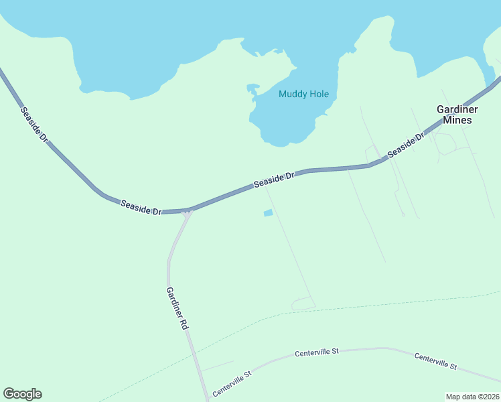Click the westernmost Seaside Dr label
point(34,124)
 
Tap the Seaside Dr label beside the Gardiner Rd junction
point(141,208)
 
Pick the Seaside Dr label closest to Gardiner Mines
point(407,145)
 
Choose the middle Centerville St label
point(317,351)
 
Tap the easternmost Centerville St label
point(435,362)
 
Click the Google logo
point(22,394)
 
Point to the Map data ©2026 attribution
point(472,397)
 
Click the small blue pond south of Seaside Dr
point(268,213)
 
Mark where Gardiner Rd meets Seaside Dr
point(187,211)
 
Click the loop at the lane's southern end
point(303,304)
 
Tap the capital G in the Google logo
point(9,393)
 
